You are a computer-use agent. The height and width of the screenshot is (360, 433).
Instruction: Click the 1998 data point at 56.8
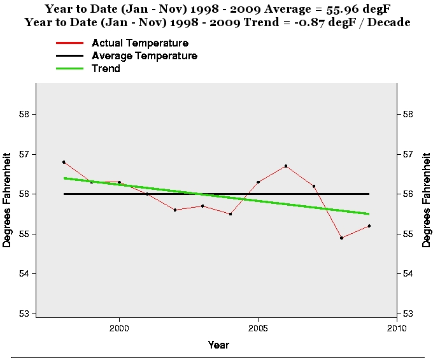point(64,162)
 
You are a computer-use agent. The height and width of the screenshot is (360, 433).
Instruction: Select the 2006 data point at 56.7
point(286,166)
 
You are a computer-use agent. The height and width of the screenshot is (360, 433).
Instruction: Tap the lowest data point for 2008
point(341,238)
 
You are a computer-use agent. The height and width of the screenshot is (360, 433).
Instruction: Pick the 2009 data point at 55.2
point(369,226)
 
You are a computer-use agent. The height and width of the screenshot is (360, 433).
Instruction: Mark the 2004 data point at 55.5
point(231,213)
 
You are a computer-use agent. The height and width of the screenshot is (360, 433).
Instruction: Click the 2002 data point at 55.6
point(174,210)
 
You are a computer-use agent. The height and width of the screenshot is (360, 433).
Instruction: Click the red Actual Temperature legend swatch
point(70,43)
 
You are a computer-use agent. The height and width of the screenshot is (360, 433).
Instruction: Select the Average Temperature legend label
point(145,55)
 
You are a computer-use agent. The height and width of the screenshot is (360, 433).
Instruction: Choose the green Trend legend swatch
point(70,68)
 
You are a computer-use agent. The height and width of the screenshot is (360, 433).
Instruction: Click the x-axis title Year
point(218,345)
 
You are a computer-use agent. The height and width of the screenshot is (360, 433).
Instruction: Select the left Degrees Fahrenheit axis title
point(8,199)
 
